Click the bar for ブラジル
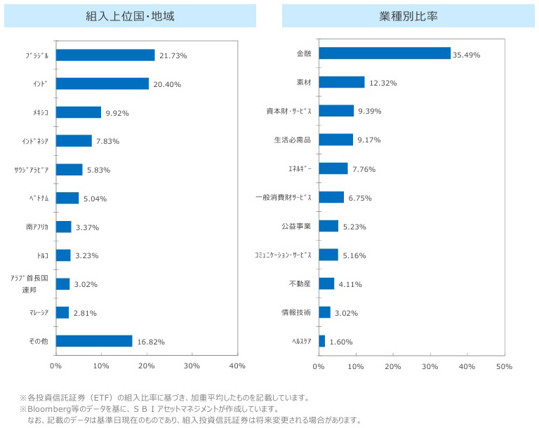(x=105, y=55)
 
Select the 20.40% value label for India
(x=167, y=84)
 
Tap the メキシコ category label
(x=41, y=112)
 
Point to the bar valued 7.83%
(x=74, y=141)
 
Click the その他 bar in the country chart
(x=94, y=341)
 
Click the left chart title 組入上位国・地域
(x=130, y=16)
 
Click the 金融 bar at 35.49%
(x=385, y=53)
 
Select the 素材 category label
(x=303, y=82)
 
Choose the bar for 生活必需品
(x=335, y=140)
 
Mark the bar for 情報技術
(x=324, y=312)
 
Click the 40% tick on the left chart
(x=237, y=366)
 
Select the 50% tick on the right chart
(x=504, y=366)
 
